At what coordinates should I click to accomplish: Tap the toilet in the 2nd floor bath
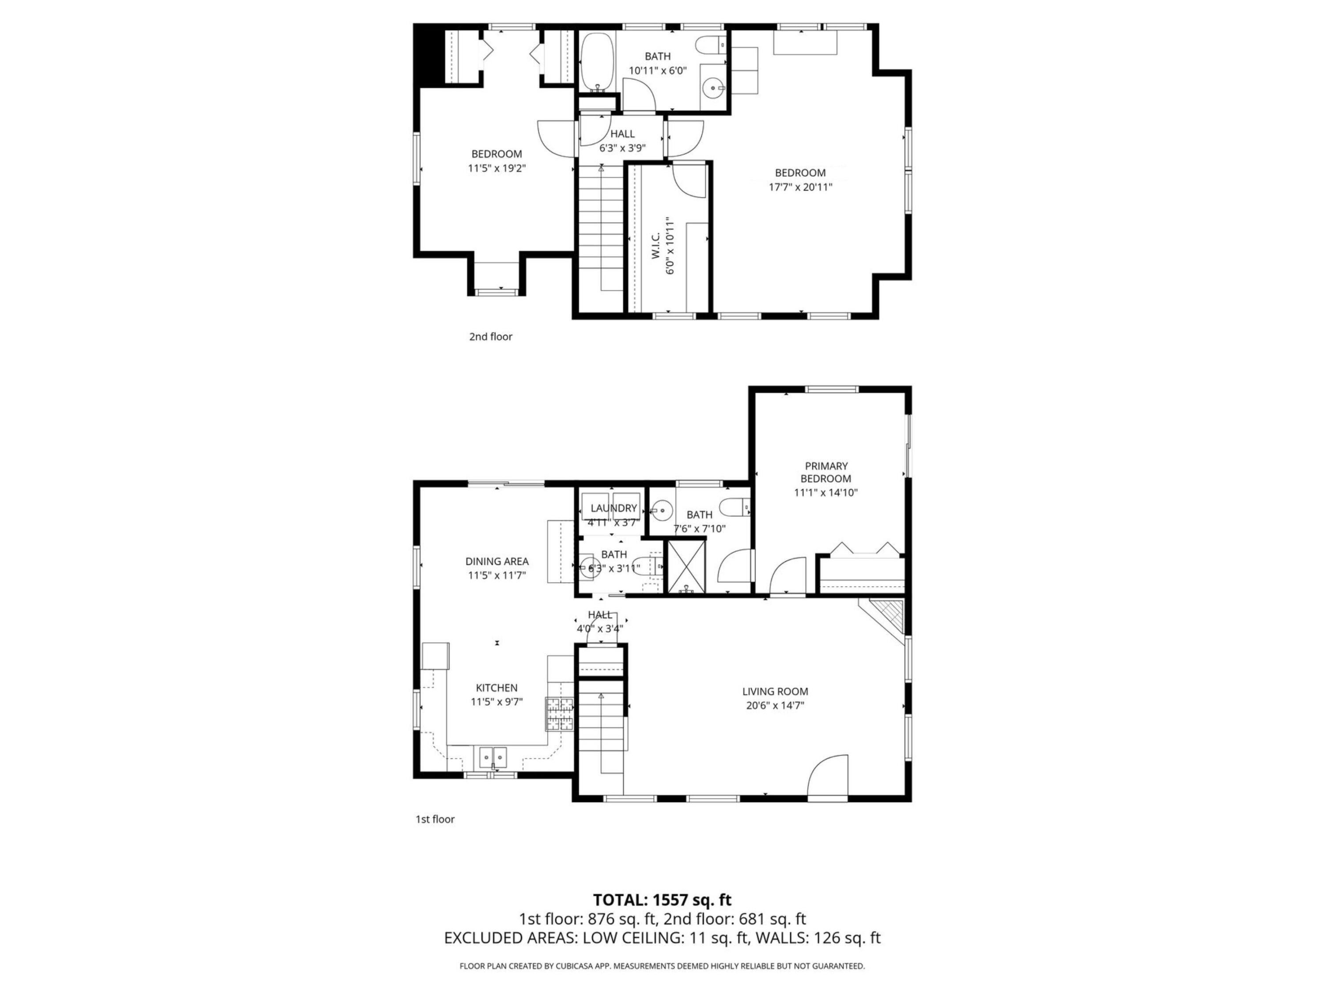pyautogui.click(x=711, y=44)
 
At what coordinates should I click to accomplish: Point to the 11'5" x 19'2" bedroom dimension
pyautogui.click(x=496, y=168)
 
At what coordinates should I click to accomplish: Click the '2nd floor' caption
pyautogui.click(x=491, y=336)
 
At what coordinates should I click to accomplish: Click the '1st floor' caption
pyautogui.click(x=435, y=819)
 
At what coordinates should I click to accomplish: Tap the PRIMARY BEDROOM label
pyautogui.click(x=825, y=472)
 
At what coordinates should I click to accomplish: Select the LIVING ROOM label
pyautogui.click(x=775, y=691)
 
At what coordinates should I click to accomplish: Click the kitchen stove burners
pyautogui.click(x=560, y=714)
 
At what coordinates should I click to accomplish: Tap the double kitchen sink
pyautogui.click(x=492, y=757)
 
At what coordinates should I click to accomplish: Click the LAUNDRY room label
pyautogui.click(x=613, y=508)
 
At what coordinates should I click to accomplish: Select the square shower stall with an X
pyautogui.click(x=686, y=566)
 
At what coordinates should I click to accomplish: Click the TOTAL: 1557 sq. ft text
pyautogui.click(x=662, y=899)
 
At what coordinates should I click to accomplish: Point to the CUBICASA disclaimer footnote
pyautogui.click(x=662, y=966)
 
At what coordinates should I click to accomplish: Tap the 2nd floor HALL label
pyautogui.click(x=622, y=134)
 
